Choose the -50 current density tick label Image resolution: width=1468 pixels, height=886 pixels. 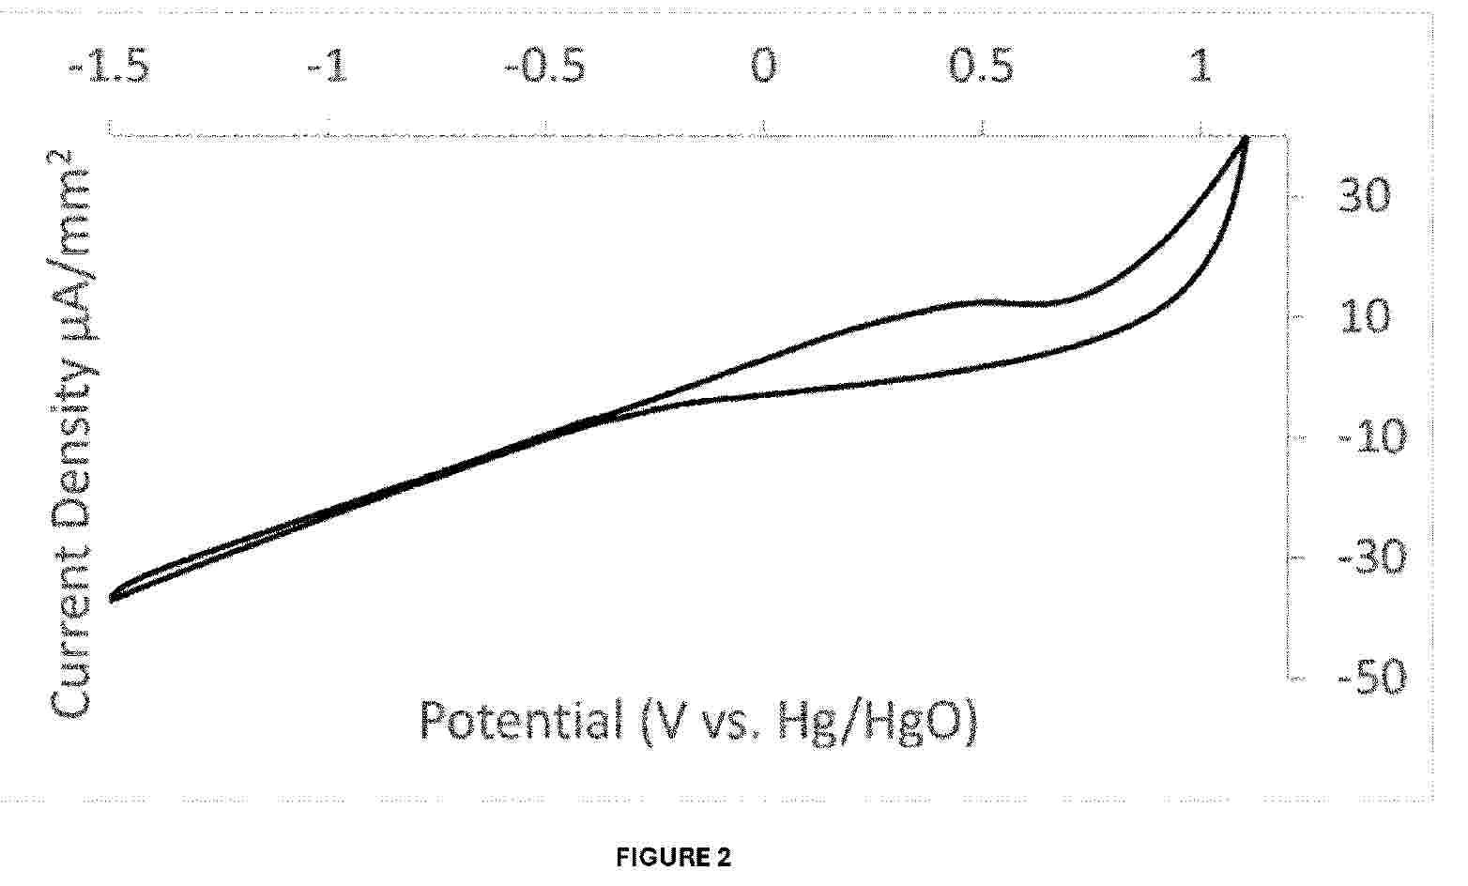coord(1366,677)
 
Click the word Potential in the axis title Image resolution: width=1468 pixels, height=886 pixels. coord(520,722)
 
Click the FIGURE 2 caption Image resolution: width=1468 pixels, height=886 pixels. coord(673,857)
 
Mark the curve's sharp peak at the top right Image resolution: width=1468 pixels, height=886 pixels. coord(1246,139)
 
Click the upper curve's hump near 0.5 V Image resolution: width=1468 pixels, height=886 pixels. coord(981,301)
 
